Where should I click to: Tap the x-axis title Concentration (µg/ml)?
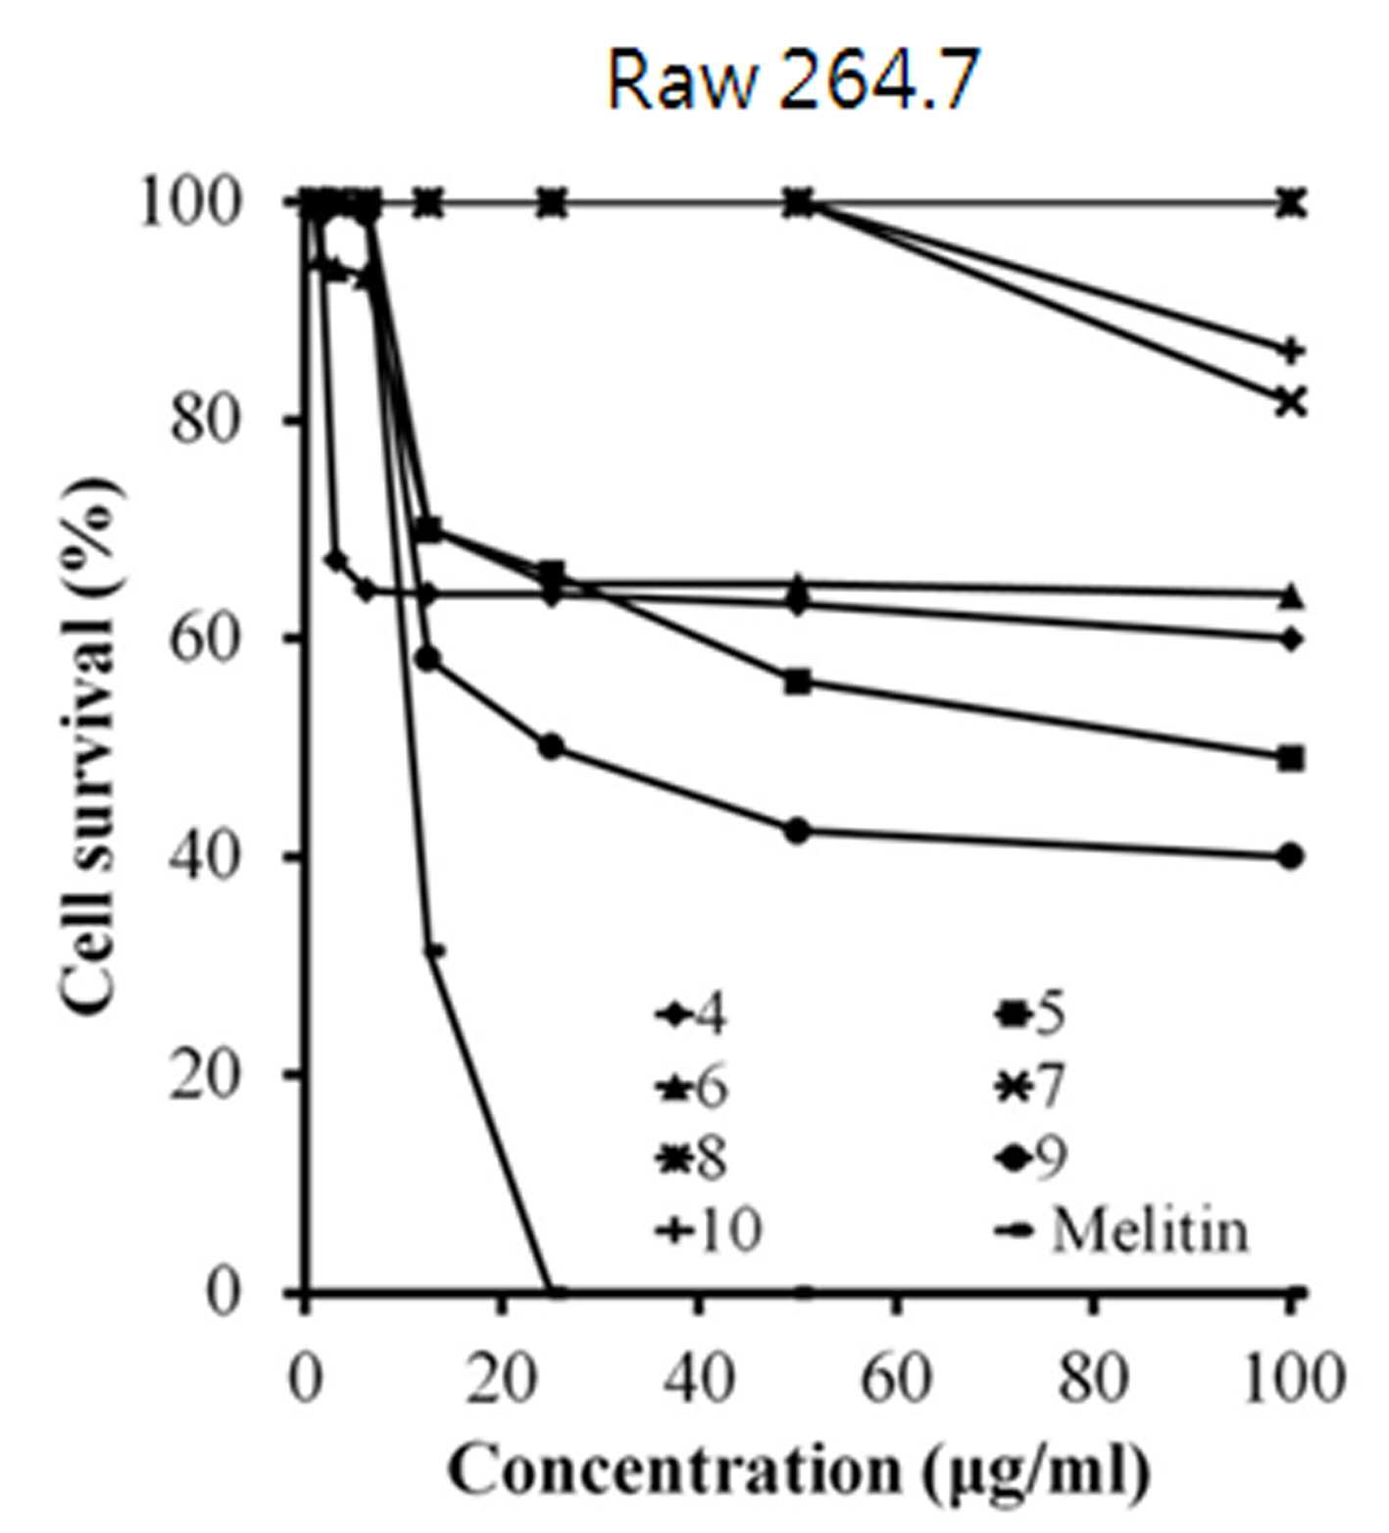(x=799, y=1469)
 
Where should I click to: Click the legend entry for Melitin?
(x=1123, y=1230)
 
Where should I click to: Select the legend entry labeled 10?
(x=709, y=1230)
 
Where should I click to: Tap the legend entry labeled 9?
(x=1030, y=1158)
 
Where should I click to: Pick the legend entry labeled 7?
(x=1030, y=1087)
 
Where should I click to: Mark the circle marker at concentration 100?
(x=1292, y=856)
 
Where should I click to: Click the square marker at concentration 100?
(x=1292, y=758)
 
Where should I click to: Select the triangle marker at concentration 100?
(x=1292, y=594)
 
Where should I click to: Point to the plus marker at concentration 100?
(x=1292, y=350)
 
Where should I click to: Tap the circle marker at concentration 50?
(x=799, y=831)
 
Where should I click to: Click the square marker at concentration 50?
(x=799, y=683)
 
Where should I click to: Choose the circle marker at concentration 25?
(x=552, y=746)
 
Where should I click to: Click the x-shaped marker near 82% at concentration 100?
(x=1292, y=401)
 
